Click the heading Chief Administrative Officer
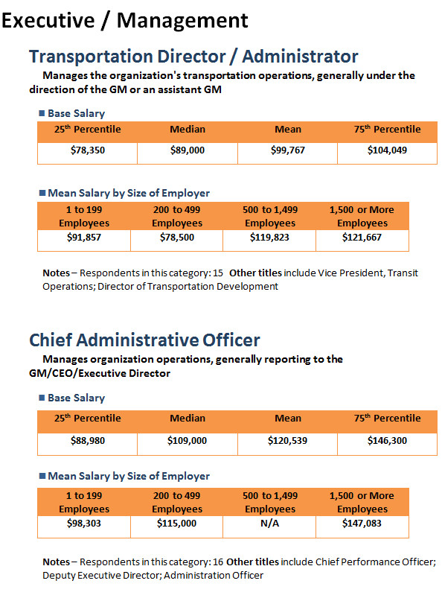144,340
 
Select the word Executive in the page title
48,20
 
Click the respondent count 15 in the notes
218,273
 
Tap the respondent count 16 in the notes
218,562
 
